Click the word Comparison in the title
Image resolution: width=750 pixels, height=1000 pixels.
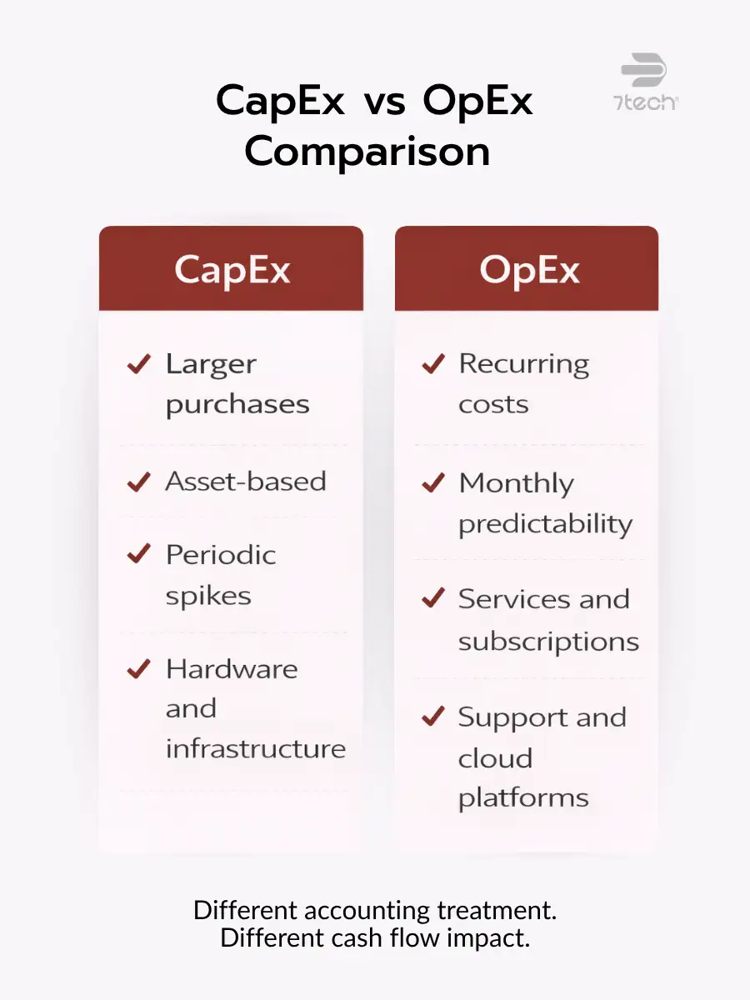(367, 152)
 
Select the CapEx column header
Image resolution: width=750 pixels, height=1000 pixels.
(232, 270)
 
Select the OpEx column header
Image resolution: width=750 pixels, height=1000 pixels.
(527, 270)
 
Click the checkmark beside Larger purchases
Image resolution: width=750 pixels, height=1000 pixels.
(138, 363)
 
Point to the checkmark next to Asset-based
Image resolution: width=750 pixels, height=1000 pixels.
(138, 482)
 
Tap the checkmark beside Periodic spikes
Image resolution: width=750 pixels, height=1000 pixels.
(138, 554)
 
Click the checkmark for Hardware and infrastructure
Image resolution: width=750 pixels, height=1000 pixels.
(138, 668)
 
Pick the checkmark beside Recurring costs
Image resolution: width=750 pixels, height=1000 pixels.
(433, 363)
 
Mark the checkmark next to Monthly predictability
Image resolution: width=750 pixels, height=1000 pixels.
(433, 482)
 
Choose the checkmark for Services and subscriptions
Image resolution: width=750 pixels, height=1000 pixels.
(433, 598)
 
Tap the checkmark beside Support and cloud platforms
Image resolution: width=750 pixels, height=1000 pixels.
(433, 717)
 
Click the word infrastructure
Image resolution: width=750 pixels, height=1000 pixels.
(255, 748)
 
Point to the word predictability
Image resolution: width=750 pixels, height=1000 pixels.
(545, 524)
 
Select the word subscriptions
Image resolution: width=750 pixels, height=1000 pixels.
(548, 642)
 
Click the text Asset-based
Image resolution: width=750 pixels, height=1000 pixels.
(245, 482)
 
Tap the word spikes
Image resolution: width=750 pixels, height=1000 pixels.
(207, 596)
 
